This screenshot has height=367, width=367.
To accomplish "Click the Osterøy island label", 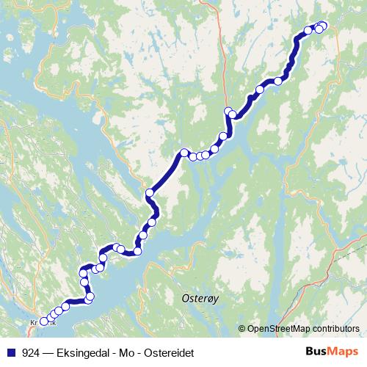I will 196,299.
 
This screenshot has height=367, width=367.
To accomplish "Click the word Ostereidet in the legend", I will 169,352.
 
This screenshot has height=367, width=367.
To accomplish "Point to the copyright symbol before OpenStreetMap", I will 243,328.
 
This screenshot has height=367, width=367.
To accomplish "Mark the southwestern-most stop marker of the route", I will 44,321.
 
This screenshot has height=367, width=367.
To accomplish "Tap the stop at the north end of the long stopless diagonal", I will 184,153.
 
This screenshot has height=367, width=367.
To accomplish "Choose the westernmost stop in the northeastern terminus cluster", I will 308,31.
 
